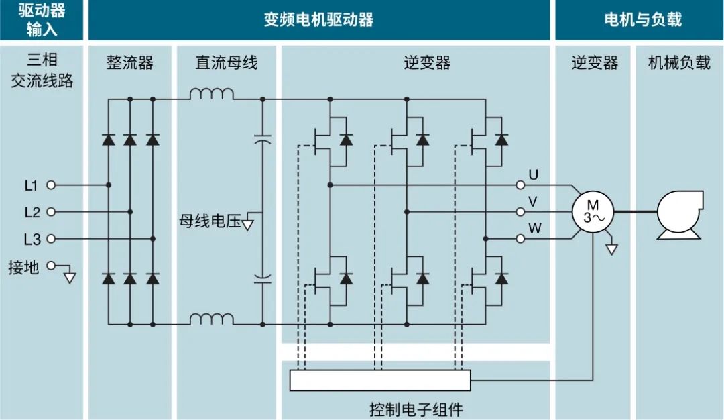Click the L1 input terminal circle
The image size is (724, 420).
[50, 185]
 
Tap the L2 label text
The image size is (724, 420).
[32, 212]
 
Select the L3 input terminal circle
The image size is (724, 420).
[50, 238]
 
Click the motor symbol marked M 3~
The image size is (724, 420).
[591, 211]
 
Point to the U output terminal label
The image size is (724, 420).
[534, 175]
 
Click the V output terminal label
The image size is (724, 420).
[534, 202]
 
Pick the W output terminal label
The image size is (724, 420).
[535, 229]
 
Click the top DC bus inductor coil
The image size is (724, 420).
[211, 95]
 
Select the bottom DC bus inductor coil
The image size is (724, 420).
[211, 319]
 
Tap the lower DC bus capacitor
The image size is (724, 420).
[263, 279]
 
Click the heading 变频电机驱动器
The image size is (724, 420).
[318, 19]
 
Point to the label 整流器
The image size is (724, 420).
[130, 63]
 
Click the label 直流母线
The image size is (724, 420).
[226, 63]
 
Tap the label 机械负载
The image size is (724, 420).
[679, 63]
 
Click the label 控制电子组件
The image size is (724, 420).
[416, 408]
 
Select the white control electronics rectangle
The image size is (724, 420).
[380, 380]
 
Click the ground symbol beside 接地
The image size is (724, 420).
[70, 276]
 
